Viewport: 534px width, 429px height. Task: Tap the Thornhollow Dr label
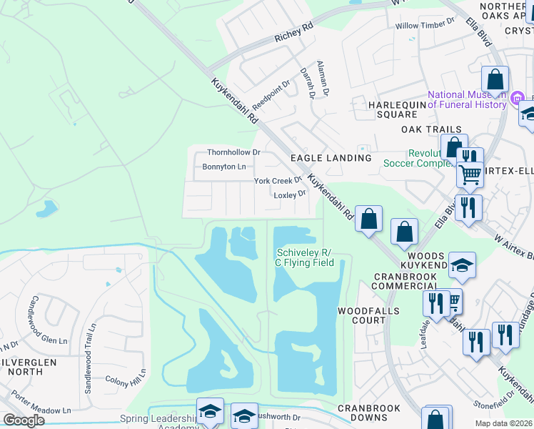pos(233,152)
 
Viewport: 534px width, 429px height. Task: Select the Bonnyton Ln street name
pos(224,167)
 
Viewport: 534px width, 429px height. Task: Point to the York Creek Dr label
pos(278,181)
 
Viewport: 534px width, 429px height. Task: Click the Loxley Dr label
pos(290,194)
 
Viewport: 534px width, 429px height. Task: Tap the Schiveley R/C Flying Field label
pos(305,257)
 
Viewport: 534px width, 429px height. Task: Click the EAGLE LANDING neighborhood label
pos(331,157)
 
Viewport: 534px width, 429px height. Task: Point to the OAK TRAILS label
pos(431,129)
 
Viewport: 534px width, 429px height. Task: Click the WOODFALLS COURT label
pos(362,315)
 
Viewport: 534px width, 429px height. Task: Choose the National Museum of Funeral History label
pos(467,100)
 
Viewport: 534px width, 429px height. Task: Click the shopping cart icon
pos(469,174)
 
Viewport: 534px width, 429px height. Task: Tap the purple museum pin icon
pos(518,97)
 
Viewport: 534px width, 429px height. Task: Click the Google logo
pos(24,420)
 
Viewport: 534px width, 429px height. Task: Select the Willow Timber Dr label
pos(425,26)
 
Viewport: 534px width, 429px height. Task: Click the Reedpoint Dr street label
pos(271,94)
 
